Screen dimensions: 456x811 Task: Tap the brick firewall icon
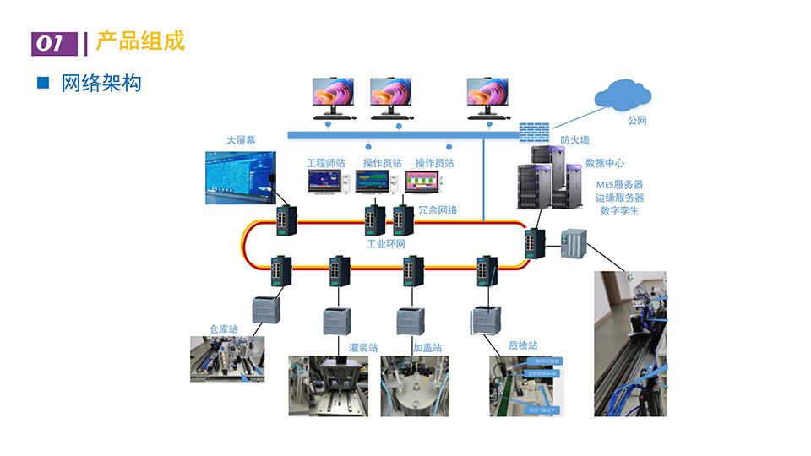click(533, 132)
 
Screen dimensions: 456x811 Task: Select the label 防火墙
click(574, 140)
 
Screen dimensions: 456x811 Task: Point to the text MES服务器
click(619, 184)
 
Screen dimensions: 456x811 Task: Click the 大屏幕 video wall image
click(242, 177)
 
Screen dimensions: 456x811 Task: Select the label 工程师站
click(325, 162)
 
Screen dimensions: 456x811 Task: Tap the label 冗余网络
click(438, 209)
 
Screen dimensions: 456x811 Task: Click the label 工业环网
click(386, 243)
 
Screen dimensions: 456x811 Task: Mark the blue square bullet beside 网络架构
click(43, 83)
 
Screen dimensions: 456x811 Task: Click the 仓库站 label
click(223, 328)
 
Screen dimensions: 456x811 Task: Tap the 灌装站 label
click(363, 347)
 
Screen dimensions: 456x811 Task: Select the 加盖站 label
click(427, 347)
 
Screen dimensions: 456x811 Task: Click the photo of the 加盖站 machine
click(414, 385)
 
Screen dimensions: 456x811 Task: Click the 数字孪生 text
click(619, 210)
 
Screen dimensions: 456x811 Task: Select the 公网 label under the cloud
click(637, 121)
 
